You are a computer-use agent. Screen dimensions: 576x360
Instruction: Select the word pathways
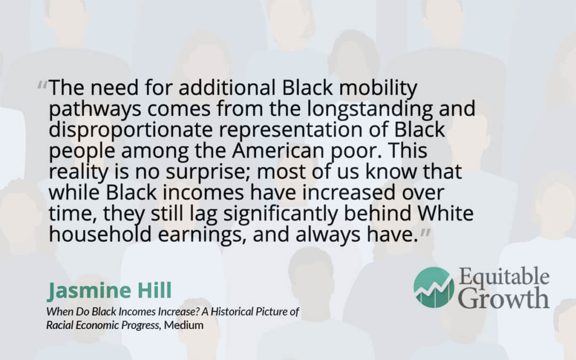[95, 110]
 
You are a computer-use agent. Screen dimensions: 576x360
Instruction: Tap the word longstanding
[370, 110]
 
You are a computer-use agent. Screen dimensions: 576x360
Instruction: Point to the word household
[100, 234]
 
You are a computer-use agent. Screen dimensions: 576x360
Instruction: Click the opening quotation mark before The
[42, 85]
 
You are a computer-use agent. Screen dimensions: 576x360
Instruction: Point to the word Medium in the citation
[183, 325]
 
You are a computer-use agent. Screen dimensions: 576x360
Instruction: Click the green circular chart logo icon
[434, 287]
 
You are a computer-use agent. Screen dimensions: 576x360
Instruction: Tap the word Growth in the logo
[503, 298]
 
